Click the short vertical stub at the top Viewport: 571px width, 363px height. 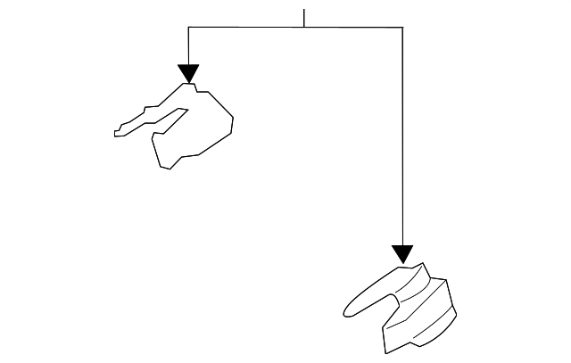pos(304,18)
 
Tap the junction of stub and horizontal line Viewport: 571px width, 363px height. pos(304,28)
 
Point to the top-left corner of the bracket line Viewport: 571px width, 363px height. pos(188,28)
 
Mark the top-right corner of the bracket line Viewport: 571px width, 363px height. pos(402,28)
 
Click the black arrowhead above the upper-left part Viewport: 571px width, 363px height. pos(188,73)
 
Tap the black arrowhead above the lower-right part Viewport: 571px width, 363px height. pos(402,254)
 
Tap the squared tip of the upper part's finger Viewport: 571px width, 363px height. pos(117,133)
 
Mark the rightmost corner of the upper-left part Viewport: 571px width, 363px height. pos(234,118)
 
